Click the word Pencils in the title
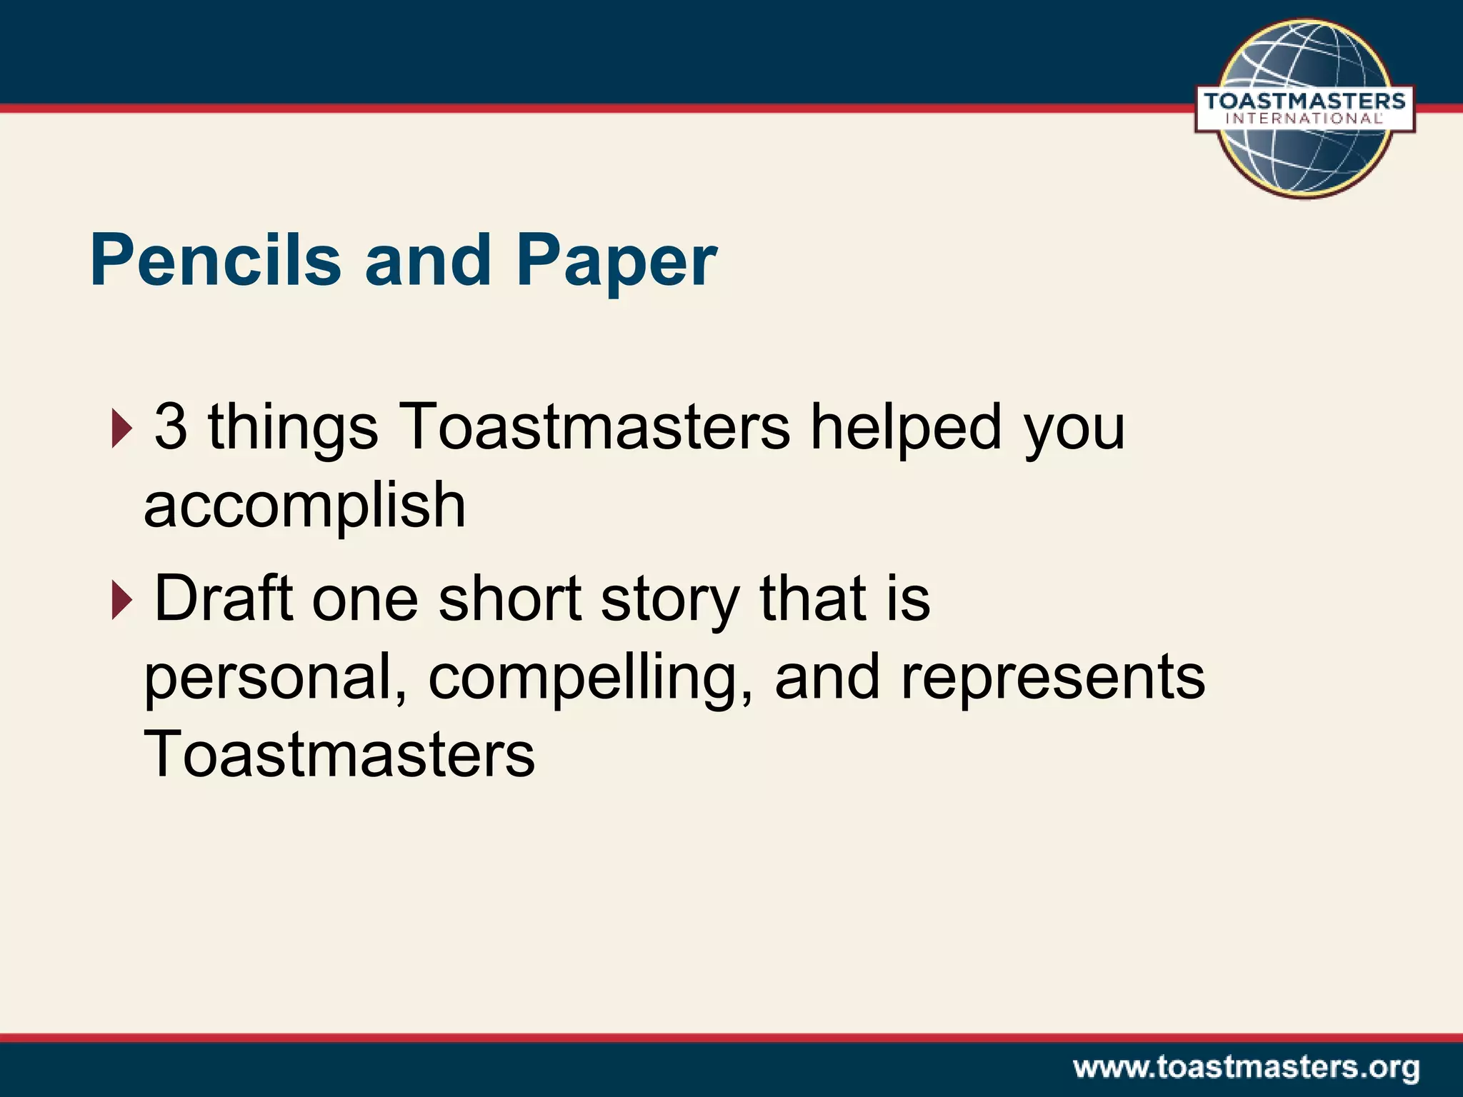(x=215, y=261)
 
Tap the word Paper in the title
(x=616, y=263)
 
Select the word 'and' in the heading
(x=428, y=261)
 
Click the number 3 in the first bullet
(x=171, y=427)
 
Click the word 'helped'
(x=905, y=429)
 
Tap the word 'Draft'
(x=224, y=598)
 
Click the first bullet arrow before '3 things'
(x=121, y=429)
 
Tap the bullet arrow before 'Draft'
(x=121, y=601)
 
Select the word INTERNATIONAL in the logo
(x=1304, y=119)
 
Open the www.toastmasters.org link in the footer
(x=1246, y=1068)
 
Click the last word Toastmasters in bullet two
(x=339, y=755)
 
